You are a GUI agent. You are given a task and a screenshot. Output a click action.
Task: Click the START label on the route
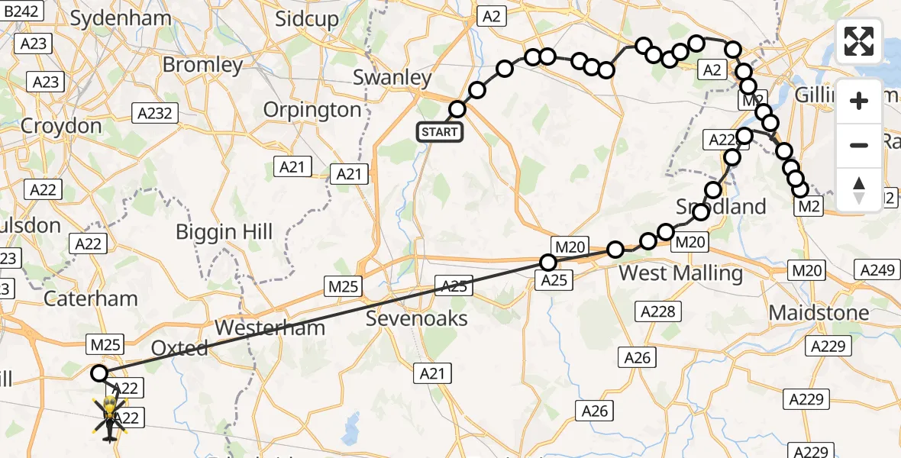440,131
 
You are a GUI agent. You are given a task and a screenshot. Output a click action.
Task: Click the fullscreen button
859,41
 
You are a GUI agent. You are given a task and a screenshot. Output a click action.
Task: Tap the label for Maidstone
819,312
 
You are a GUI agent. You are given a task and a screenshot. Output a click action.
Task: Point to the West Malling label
680,273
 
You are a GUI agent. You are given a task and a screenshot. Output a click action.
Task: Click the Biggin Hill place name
224,231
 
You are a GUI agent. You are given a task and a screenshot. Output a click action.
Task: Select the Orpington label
312,110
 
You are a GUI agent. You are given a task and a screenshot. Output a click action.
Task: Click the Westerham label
270,328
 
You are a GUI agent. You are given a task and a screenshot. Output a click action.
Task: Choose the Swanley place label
392,78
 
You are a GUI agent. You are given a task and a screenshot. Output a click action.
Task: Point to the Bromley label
202,64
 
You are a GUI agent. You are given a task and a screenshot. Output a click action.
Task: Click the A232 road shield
155,114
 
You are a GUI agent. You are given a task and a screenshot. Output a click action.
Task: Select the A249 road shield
876,269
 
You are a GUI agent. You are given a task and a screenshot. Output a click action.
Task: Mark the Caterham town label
91,298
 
